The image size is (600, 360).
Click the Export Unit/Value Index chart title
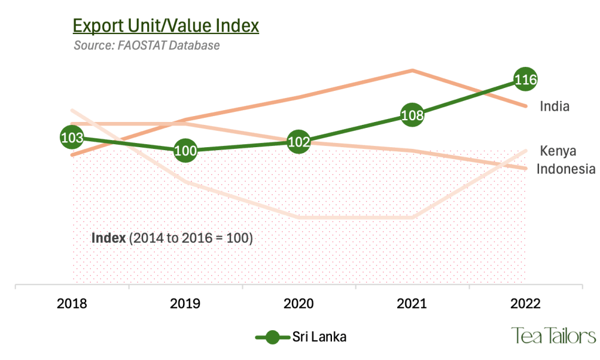point(165,26)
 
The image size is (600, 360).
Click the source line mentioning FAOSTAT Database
point(147,45)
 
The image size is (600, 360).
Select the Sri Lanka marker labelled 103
point(72,138)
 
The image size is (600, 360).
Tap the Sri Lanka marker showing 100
point(185,151)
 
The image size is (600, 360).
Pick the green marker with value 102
point(299,141)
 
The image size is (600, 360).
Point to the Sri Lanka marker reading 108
point(413,115)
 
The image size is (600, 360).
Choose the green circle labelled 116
point(526,79)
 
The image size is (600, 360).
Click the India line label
point(555,106)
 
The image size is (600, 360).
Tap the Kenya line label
point(558,151)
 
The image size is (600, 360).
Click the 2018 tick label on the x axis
point(72,304)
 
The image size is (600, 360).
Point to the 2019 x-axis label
point(185,304)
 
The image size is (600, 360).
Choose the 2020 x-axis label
point(299,304)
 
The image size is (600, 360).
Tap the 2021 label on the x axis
point(412,304)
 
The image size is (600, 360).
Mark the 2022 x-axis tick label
point(526,304)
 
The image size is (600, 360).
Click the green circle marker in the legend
point(272,337)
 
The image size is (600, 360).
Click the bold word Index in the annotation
point(109,238)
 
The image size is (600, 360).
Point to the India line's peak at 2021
point(413,70)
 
